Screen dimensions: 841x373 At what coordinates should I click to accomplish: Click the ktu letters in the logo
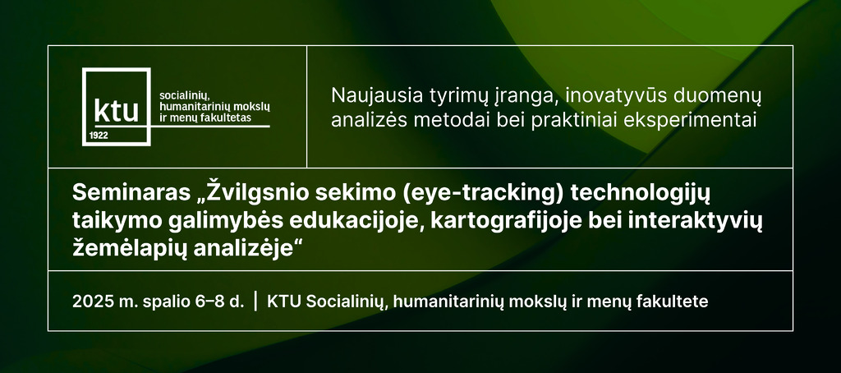pyautogui.click(x=116, y=111)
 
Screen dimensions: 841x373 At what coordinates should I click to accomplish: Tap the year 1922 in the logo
pyautogui.click(x=99, y=136)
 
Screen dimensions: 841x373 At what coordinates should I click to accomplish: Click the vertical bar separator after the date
pyautogui.click(x=255, y=302)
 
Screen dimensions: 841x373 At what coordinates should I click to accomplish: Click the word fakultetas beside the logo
pyautogui.click(x=226, y=118)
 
